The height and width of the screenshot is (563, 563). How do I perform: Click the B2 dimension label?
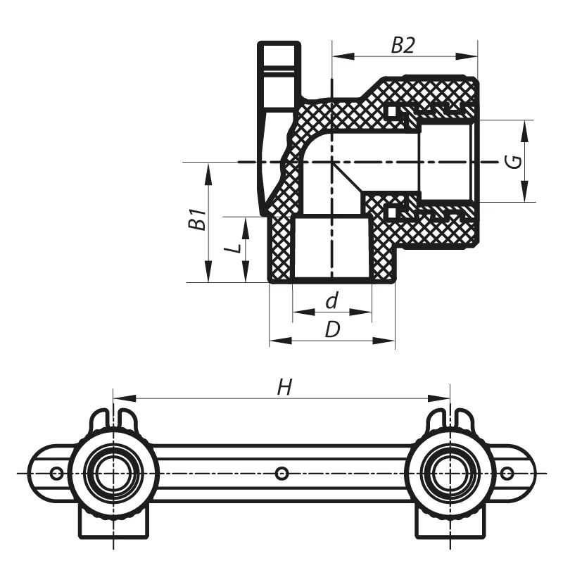click(403, 46)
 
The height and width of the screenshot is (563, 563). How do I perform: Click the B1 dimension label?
click(197, 219)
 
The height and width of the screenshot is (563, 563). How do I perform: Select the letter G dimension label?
click(515, 161)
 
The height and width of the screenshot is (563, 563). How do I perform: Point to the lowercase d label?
click(331, 301)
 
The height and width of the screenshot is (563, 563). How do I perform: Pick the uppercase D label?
click(332, 329)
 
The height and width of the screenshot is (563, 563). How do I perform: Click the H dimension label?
click(285, 388)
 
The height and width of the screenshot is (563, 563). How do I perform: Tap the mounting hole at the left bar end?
click(56, 474)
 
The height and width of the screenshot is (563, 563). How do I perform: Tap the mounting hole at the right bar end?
click(507, 474)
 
